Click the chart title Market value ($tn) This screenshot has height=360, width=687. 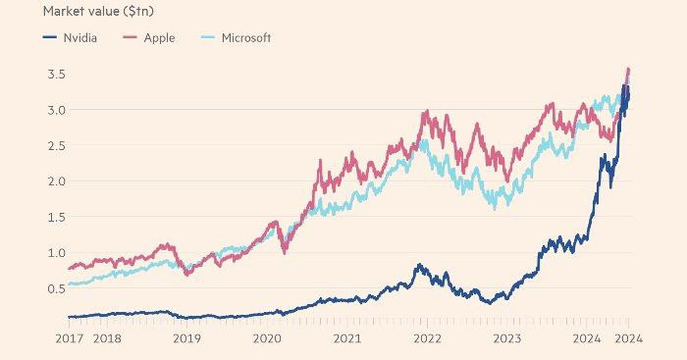[x=98, y=12]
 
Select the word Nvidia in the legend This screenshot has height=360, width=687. [x=80, y=37]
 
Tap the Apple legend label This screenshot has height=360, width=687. [x=159, y=38]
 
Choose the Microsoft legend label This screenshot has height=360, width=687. [x=246, y=37]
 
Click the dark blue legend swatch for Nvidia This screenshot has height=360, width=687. [x=50, y=37]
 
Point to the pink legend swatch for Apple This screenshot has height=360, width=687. [x=131, y=37]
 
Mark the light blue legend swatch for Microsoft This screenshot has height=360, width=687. [x=208, y=37]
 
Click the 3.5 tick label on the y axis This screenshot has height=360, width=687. [x=57, y=74]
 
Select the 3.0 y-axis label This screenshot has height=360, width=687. [x=57, y=110]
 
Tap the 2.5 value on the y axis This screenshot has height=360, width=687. [x=57, y=145]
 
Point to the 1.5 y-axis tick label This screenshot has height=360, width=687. [x=57, y=217]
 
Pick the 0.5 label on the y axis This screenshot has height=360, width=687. [x=57, y=288]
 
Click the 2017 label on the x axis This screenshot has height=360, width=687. [x=70, y=338]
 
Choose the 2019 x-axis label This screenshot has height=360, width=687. [x=187, y=338]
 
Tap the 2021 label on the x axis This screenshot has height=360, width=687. [x=347, y=338]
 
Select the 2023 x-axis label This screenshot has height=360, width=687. [x=507, y=338]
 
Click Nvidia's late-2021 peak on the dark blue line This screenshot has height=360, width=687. [x=420, y=265]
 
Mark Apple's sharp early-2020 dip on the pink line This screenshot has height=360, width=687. [x=286, y=253]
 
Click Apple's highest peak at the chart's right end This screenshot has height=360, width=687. [x=629, y=69]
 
